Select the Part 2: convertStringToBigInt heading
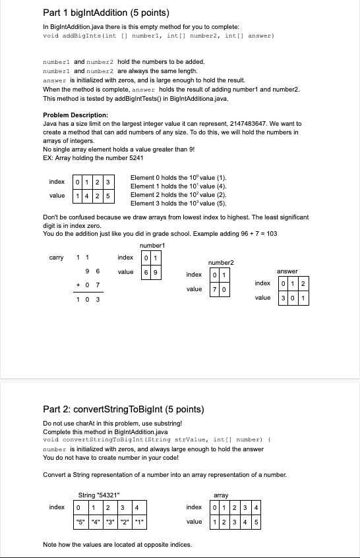click(x=122, y=409)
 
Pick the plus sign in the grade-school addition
click(x=78, y=284)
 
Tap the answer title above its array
click(x=287, y=270)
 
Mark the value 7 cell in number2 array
click(x=215, y=289)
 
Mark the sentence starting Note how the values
click(x=117, y=544)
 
